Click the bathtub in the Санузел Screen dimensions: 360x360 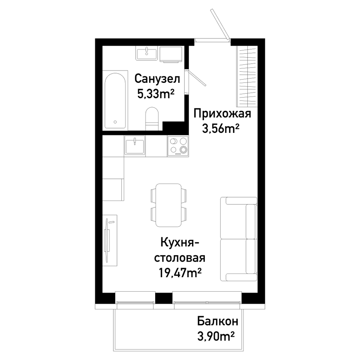pos(115,100)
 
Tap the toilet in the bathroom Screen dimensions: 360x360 pos(152,119)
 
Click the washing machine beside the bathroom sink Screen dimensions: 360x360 pos(171,54)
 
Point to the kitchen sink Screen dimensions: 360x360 pos(135,145)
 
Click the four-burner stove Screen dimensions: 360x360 pos(178,146)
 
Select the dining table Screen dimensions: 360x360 pos(168,205)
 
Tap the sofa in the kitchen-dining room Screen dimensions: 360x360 pos(239,239)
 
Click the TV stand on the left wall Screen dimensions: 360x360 pos(110,240)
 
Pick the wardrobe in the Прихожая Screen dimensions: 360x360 pos(247,76)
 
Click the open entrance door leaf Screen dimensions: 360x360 pos(220,24)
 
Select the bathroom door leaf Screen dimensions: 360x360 pos(197,78)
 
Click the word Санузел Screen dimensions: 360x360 pos(157,79)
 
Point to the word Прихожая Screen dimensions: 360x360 pos(222,114)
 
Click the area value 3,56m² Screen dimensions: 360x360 pos(221,129)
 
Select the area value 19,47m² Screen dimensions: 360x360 pos(180,273)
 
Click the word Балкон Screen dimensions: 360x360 pos(218,321)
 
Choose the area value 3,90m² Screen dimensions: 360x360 pos(216,337)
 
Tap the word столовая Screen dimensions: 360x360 pos(180,258)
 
